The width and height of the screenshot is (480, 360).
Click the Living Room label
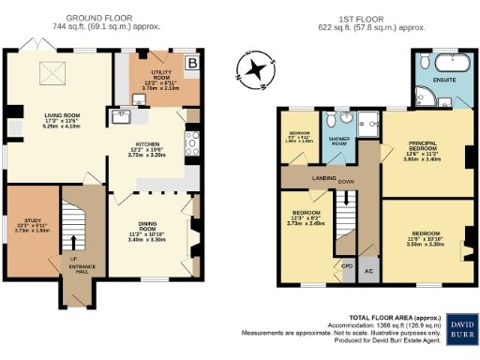coord(58,120)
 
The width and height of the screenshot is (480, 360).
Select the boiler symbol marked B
coord(192,64)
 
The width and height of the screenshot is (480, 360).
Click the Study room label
coord(31,225)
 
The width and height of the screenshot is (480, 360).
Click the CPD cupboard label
coord(347,265)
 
